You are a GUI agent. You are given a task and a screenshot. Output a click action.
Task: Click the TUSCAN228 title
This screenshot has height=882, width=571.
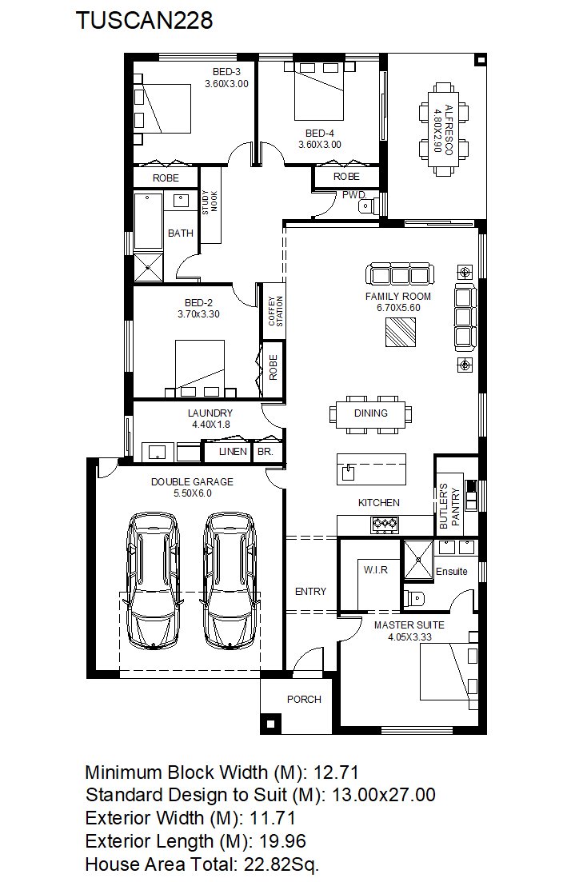pos(145,20)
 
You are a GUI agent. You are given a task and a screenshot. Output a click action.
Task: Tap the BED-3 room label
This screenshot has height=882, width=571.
pos(226,71)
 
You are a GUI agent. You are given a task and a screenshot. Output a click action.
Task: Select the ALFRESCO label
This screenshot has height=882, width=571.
pos(449,130)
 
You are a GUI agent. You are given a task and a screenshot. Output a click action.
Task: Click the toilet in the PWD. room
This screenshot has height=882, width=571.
pos(365,208)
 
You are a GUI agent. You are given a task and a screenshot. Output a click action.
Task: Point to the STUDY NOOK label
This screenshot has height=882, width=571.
pos(210,202)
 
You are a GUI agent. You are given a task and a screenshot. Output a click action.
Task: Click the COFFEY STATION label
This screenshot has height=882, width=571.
pos(275,311)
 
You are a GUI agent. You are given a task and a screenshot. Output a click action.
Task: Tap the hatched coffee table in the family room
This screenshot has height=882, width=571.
pos(401,332)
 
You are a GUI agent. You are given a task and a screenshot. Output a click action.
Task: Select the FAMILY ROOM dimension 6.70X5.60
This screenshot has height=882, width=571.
pos(398,308)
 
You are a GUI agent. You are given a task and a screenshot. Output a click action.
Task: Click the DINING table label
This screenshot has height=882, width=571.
pos(371,413)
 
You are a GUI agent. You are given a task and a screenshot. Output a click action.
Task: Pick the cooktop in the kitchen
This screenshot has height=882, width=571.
pos(384,525)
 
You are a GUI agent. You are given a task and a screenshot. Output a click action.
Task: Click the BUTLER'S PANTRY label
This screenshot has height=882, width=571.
pos(449,505)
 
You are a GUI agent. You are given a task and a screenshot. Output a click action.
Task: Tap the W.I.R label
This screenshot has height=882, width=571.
pos(375,570)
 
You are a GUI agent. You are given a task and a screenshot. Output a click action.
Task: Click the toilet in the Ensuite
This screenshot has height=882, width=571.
pos(413,597)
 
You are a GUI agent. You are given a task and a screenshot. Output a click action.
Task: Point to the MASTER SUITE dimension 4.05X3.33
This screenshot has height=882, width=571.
pos(409,637)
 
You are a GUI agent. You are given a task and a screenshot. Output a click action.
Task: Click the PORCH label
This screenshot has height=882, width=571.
pos(304,699)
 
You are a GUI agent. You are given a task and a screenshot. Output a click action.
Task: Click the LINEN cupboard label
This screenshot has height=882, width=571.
pos(233,451)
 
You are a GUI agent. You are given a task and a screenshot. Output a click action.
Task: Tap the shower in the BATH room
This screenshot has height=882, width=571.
pos(149,269)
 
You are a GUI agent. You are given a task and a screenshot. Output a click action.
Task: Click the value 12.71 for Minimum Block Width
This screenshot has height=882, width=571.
pos(336,772)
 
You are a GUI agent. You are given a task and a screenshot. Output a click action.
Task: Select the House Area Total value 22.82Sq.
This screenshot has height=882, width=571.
pos(282,864)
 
